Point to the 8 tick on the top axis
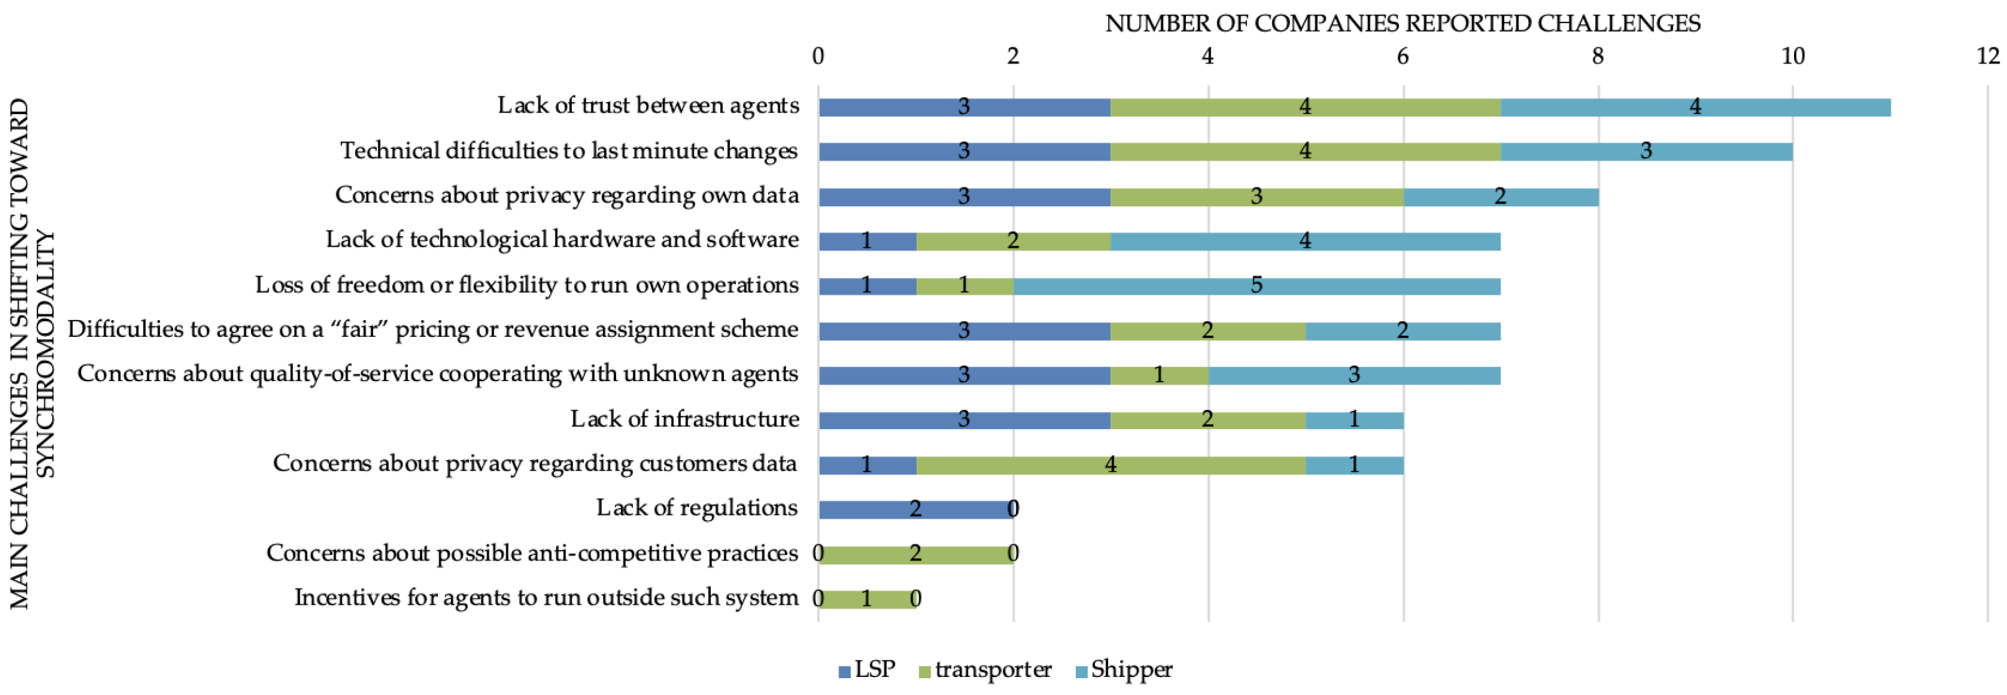(1598, 56)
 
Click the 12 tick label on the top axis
(1988, 56)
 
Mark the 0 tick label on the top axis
(817, 56)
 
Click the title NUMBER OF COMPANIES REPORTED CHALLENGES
(1402, 24)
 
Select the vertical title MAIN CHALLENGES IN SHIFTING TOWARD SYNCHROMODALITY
(31, 354)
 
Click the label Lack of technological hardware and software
(562, 240)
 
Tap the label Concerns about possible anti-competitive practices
(532, 553)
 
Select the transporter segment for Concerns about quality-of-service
(1159, 376)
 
